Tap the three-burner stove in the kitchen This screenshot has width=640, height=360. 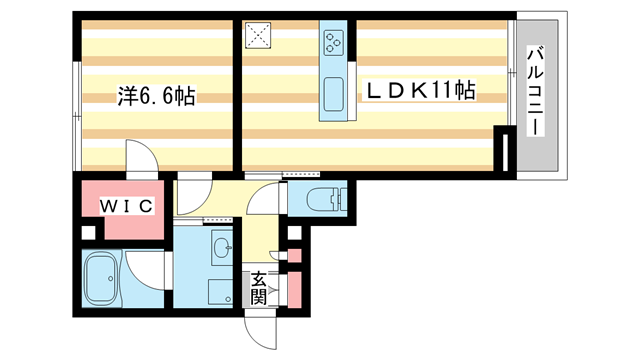pos(333,41)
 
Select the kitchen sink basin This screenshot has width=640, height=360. pos(333,98)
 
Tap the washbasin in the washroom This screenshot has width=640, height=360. pos(221,246)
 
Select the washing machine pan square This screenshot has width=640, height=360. pos(221,291)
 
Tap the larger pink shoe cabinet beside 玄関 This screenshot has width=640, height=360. pos(293,288)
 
